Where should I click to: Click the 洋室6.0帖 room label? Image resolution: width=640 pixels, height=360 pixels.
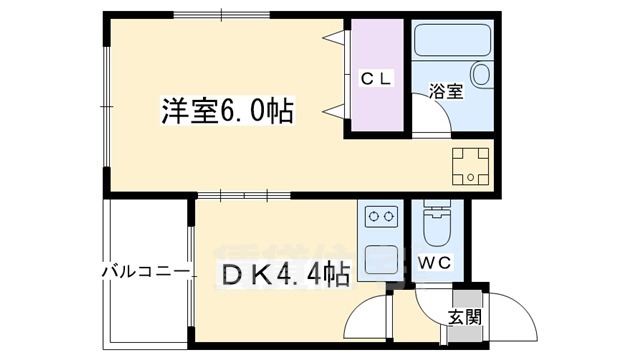pyautogui.click(x=227, y=110)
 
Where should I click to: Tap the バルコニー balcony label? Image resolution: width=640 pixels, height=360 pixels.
pyautogui.click(x=145, y=271)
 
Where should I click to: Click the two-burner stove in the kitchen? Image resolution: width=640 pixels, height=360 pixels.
pyautogui.click(x=379, y=216)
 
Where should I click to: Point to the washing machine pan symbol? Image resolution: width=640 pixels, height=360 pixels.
pyautogui.click(x=470, y=166)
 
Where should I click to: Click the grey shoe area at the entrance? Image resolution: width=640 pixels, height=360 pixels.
pyautogui.click(x=466, y=299)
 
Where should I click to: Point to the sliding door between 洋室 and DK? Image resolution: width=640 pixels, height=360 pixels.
pyautogui.click(x=236, y=195)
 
